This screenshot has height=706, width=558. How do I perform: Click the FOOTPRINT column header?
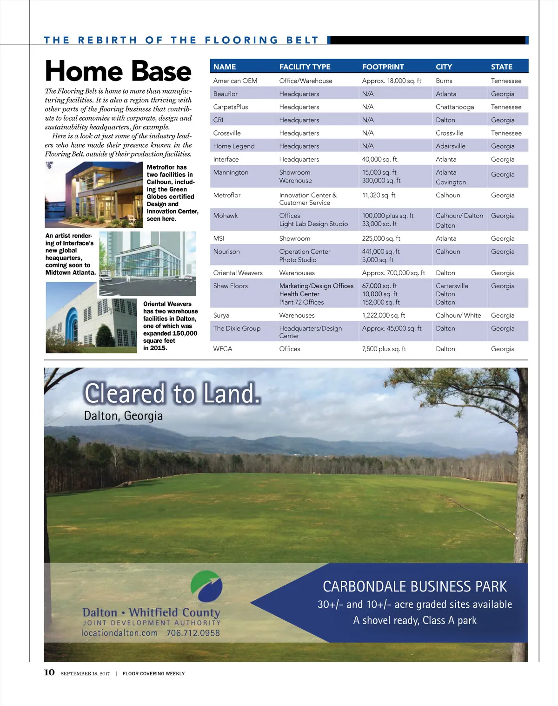(383, 67)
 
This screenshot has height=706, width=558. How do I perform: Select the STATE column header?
(501, 67)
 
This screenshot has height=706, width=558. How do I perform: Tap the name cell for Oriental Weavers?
(238, 273)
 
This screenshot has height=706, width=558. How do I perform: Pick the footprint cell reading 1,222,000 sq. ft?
(383, 315)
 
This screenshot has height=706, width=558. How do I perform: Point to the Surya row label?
(221, 315)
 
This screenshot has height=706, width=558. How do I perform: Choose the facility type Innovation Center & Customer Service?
(308, 199)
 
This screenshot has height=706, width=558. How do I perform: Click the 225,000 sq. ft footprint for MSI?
(381, 238)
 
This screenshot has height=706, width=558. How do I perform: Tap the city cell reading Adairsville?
(450, 146)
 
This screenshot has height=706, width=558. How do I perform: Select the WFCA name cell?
(223, 349)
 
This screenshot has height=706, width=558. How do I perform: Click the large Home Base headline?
(118, 71)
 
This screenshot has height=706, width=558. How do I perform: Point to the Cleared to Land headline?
(172, 393)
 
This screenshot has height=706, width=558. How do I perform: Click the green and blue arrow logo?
(206, 586)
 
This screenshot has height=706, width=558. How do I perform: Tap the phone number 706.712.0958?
(193, 633)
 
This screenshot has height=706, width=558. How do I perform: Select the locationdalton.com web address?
(120, 633)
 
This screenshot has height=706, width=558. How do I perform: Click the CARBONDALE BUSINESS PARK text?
(414, 586)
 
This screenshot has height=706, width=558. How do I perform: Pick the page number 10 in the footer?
(49, 672)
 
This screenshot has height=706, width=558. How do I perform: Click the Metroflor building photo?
(94, 194)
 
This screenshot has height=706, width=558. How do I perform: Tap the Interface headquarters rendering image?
(147, 264)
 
